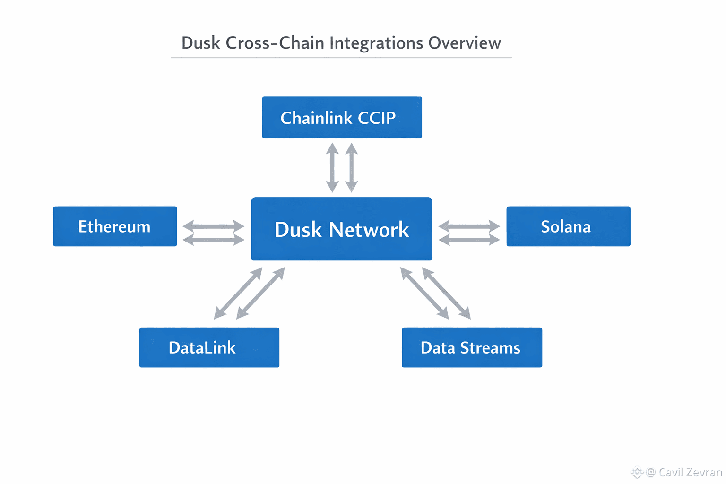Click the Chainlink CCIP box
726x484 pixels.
(342, 117)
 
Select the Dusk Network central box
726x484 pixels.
(341, 229)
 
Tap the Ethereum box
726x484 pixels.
(115, 226)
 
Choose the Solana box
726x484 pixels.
(568, 226)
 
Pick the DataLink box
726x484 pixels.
(209, 347)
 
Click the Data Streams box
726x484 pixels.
(472, 347)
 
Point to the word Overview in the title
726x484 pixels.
(464, 43)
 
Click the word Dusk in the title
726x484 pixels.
(200, 43)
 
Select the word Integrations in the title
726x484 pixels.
(376, 43)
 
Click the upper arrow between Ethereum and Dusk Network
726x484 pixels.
(213, 226)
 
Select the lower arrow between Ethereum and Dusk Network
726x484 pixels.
(213, 240)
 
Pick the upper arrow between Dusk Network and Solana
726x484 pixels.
(469, 226)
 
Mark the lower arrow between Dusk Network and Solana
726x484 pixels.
(469, 240)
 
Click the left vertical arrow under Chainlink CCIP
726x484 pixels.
(332, 168)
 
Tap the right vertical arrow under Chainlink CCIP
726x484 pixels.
(351, 168)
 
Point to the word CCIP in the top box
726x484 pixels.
(377, 118)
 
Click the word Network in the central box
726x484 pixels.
(369, 230)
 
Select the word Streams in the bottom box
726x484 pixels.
(490, 348)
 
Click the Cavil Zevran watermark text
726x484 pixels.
(690, 472)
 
